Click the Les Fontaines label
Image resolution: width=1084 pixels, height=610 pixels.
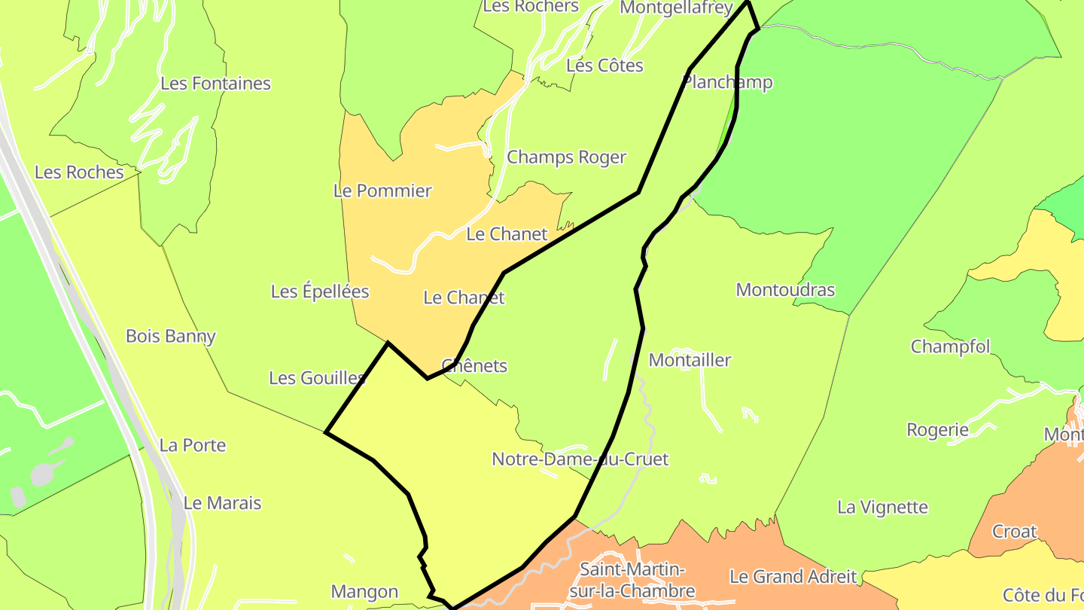[x=215, y=84]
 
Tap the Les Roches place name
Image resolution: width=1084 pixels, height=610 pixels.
[x=79, y=172]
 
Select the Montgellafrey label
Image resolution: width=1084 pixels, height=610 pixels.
[x=675, y=8]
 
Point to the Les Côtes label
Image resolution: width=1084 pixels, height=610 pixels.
[x=604, y=66]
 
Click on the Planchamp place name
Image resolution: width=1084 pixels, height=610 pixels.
[x=727, y=82]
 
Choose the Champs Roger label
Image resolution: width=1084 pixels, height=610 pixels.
[x=566, y=157]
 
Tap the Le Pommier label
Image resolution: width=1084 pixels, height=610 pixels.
[x=382, y=191]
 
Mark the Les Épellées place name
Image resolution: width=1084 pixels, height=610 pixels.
[x=320, y=291]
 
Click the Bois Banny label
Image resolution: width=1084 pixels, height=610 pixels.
[x=171, y=337]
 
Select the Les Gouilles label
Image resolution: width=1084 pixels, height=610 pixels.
[x=317, y=378]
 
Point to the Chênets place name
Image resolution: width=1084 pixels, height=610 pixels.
[x=474, y=366]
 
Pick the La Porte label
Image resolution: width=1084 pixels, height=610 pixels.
[x=193, y=445]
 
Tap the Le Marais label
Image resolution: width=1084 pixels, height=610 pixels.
[x=222, y=503]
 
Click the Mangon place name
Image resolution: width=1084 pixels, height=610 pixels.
[x=364, y=592]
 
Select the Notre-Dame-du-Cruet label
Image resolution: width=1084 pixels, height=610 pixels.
[x=580, y=459]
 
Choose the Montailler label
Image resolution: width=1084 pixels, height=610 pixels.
[x=690, y=360]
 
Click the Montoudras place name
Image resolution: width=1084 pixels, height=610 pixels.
[x=785, y=290]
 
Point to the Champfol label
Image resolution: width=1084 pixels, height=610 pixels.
[x=950, y=347]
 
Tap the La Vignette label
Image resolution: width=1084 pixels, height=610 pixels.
[x=882, y=507]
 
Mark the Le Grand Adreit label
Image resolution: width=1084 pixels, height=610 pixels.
[x=793, y=578]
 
